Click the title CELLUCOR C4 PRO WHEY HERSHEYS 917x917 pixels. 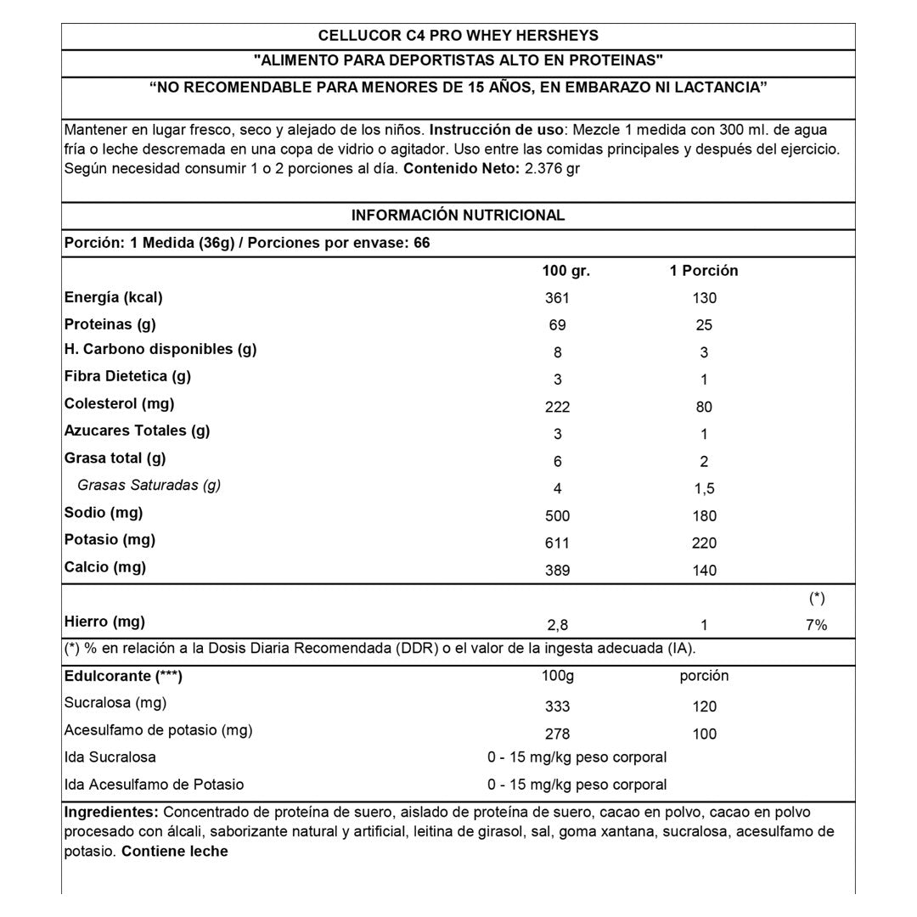458,36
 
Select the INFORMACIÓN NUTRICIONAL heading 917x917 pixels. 458,216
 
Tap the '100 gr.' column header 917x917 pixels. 565,271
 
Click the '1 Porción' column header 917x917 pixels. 704,271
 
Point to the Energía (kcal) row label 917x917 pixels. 114,297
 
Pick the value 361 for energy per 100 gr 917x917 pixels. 557,298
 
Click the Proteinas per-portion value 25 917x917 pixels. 704,325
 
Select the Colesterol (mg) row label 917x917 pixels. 120,403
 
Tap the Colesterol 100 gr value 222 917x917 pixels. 557,407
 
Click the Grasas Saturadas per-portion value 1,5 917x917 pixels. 704,488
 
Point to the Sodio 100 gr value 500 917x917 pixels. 557,516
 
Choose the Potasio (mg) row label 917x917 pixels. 109,539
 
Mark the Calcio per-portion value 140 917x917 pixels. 704,571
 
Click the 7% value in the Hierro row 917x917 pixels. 817,625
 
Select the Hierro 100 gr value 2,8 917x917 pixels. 557,625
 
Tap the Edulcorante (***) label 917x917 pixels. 124,676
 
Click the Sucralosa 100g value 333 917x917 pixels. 557,706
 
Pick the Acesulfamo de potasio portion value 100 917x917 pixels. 704,734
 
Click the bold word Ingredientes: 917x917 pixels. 111,811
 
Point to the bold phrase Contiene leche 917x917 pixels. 175,851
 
